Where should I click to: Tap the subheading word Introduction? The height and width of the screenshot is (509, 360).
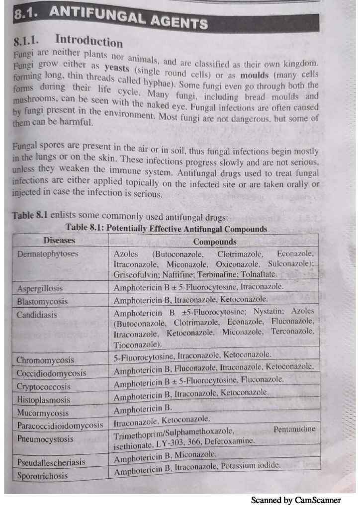(x=90, y=40)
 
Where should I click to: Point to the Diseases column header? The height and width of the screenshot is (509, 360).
(x=59, y=241)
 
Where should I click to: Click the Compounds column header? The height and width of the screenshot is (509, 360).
(x=215, y=242)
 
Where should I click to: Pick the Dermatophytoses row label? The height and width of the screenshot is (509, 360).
(x=44, y=254)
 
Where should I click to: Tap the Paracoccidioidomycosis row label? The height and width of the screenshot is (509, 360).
(x=60, y=425)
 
